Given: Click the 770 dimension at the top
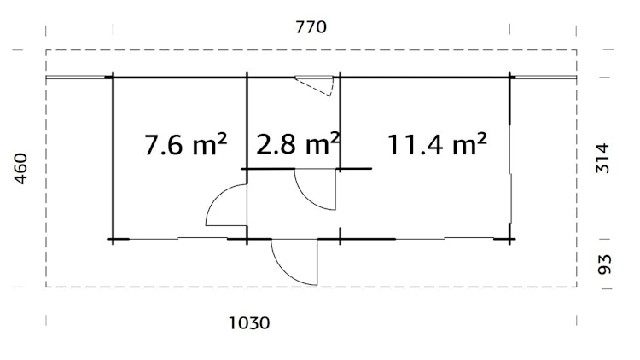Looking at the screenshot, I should (x=311, y=27).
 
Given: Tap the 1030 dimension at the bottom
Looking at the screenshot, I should (x=250, y=323).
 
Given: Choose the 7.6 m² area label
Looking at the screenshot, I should (x=185, y=145).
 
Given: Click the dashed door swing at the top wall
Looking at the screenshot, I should (x=317, y=85).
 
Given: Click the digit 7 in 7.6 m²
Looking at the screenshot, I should (x=154, y=145).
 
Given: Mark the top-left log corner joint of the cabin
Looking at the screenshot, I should (x=112, y=78).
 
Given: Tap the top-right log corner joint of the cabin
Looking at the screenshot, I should (x=511, y=78).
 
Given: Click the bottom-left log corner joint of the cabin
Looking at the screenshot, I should (x=112, y=237).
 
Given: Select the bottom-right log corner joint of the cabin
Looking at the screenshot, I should (x=511, y=237).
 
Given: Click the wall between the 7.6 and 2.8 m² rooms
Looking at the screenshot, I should (x=247, y=119).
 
